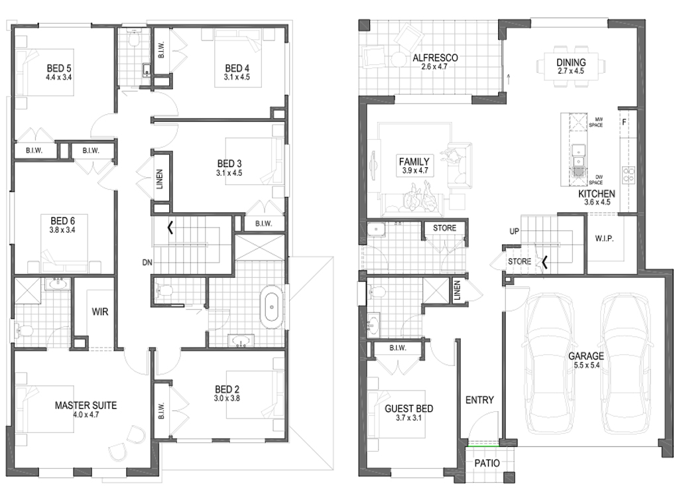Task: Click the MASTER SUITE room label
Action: (86, 405)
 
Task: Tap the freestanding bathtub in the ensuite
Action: (272, 306)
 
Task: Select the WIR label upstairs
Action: (100, 311)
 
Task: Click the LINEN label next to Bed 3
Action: (159, 179)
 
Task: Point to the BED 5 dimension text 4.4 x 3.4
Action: (58, 77)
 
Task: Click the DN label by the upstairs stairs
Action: (147, 263)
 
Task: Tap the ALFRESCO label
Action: (435, 58)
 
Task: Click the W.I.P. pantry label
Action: (603, 237)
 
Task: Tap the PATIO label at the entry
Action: (486, 463)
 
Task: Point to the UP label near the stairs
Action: (513, 233)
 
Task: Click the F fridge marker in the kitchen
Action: (625, 122)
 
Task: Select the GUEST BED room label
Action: (408, 409)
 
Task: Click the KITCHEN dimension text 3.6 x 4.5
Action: (596, 202)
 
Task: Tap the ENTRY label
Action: (479, 400)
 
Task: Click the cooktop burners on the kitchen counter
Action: (628, 176)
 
